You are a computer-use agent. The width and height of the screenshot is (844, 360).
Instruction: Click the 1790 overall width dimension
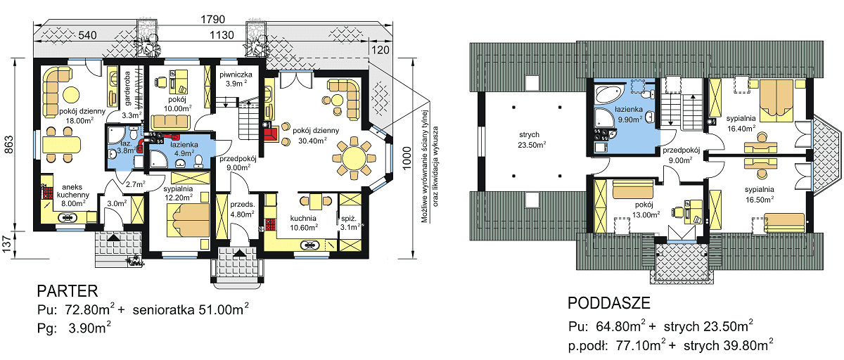pos(213,19)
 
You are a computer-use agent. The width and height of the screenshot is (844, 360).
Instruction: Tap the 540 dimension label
pos(87,35)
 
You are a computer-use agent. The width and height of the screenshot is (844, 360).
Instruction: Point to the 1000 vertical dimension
pos(407,158)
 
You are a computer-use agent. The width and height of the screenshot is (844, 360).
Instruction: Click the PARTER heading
pos(68,291)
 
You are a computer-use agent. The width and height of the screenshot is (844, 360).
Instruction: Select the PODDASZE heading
pos(609,303)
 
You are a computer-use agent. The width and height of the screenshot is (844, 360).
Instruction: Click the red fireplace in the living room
pos(271,134)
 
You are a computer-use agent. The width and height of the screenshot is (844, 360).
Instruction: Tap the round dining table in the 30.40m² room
pos(354,157)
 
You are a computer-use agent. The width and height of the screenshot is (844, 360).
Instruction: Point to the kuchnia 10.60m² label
pos(303,223)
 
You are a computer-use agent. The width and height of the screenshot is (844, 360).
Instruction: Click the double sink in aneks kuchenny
pos(68,217)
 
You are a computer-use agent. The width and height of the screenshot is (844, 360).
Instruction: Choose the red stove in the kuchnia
pos(271,224)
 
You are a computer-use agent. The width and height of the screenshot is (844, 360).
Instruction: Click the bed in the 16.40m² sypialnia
pos(776,101)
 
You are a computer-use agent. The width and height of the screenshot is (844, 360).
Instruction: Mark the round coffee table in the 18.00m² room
pos(70,94)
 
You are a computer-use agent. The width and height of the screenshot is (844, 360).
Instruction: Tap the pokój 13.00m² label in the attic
pos(646,210)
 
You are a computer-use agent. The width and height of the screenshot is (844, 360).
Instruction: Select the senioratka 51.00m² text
pos(191,309)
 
